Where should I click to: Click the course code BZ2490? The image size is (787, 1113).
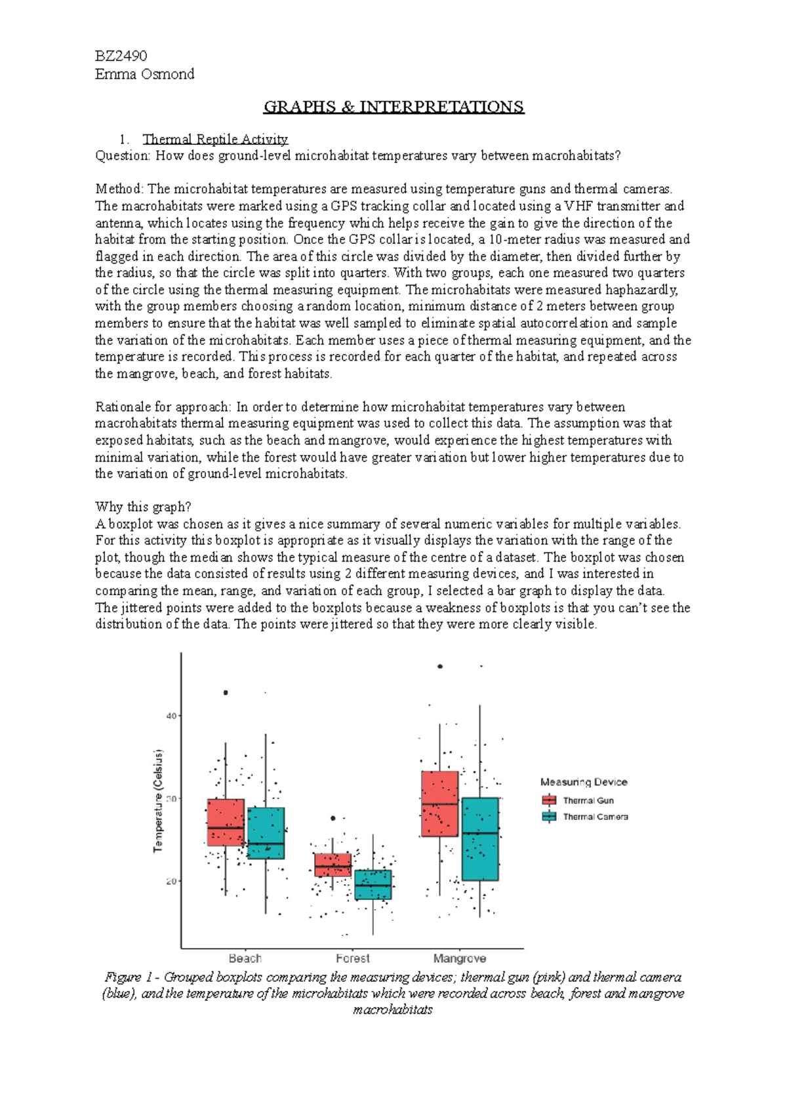[x=121, y=56]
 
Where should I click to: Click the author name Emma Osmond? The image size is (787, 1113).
[x=144, y=73]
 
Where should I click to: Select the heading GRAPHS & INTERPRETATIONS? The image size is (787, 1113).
[x=393, y=107]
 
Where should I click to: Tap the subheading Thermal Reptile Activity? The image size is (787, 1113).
[x=215, y=139]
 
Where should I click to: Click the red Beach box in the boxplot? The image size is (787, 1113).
[x=226, y=822]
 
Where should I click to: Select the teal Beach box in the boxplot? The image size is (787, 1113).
[x=266, y=833]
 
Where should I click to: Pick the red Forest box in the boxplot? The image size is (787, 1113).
[x=333, y=865]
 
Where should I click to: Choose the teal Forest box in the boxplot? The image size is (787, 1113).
[x=373, y=884]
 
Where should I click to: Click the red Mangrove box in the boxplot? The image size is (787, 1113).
[x=439, y=804]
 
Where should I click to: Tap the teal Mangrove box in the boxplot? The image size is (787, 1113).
[x=480, y=839]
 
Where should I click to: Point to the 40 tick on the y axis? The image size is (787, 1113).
[x=171, y=716]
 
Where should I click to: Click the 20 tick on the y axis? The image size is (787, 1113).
[x=171, y=881]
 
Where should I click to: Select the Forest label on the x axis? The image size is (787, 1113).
[x=353, y=958]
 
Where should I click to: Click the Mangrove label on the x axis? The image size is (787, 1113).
[x=459, y=958]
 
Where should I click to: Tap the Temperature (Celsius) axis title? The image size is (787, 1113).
[x=158, y=801]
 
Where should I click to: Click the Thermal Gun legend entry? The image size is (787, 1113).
[x=588, y=800]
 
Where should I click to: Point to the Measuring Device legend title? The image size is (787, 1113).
[x=584, y=782]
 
